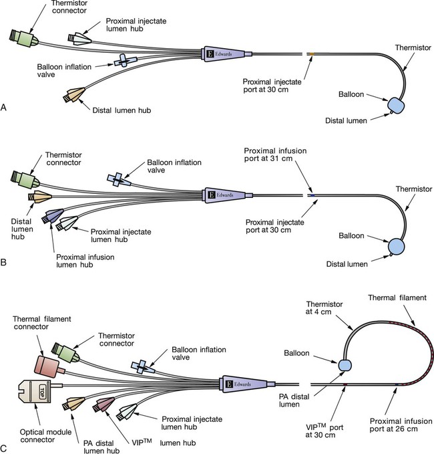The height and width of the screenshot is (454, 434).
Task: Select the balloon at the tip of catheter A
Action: [399, 106]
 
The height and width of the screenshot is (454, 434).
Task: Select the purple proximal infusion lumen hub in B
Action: [52, 215]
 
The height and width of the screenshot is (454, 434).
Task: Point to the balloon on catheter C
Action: [345, 366]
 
